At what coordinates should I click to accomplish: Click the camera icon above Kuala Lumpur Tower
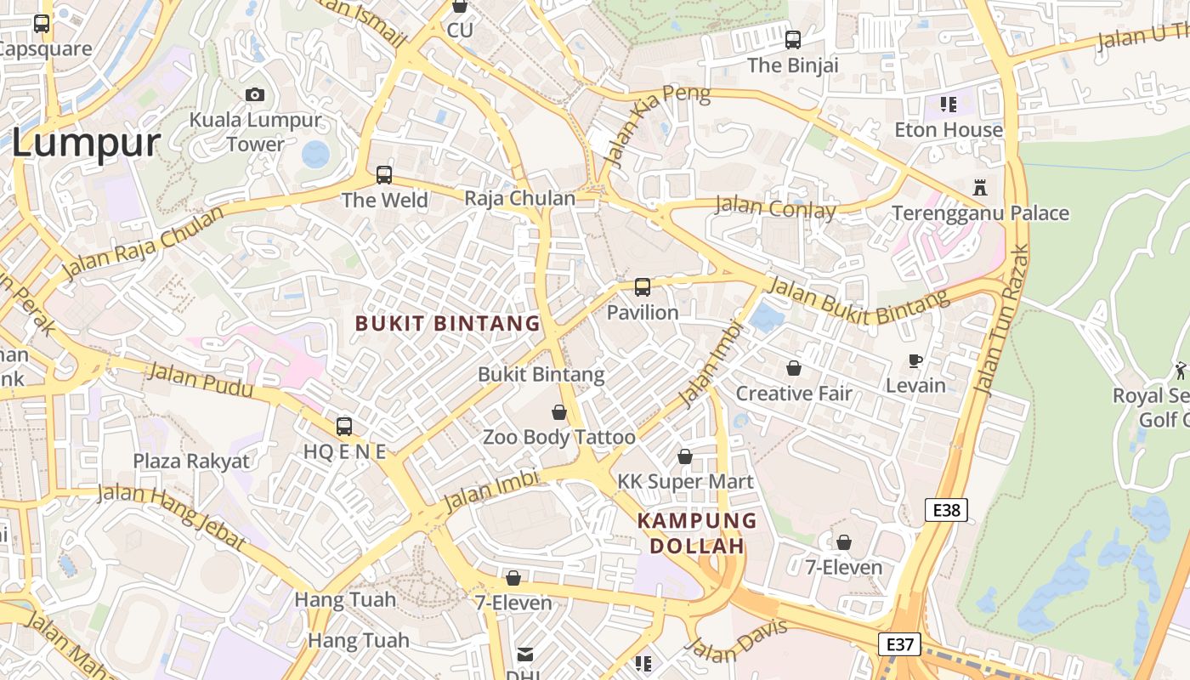[255, 94]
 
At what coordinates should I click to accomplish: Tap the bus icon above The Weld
[384, 175]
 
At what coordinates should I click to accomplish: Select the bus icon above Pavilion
[643, 287]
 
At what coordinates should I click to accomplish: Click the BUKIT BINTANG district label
[447, 324]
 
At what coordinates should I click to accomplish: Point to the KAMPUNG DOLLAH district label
[697, 533]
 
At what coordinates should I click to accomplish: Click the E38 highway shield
[946, 510]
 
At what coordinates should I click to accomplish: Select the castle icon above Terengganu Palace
[980, 187]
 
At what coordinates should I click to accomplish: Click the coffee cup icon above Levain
[915, 361]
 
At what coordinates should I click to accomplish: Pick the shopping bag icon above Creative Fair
[793, 368]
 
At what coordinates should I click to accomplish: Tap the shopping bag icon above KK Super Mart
[685, 456]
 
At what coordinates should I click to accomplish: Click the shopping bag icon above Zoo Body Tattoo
[559, 412]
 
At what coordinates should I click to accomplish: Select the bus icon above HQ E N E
[344, 426]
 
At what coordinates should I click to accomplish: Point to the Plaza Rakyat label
[191, 462]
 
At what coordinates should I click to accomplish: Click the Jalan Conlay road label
[775, 207]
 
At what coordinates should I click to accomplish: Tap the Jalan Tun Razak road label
[1000, 320]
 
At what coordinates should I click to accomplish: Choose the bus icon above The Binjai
[793, 39]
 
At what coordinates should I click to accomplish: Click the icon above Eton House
[949, 105]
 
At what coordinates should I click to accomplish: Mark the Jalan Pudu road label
[200, 379]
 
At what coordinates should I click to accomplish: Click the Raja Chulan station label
[519, 199]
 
